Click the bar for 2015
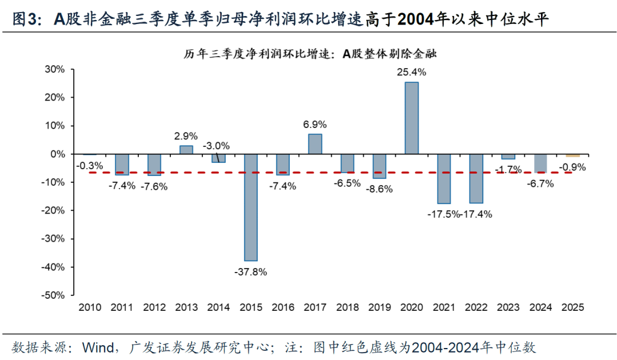pyautogui.click(x=251, y=207)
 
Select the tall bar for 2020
pyautogui.click(x=411, y=118)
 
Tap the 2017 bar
pyautogui.click(x=315, y=144)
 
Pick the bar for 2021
pyautogui.click(x=443, y=178)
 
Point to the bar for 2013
pyautogui.click(x=186, y=150)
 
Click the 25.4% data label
pyautogui.click(x=411, y=73)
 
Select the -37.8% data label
pyautogui.click(x=250, y=271)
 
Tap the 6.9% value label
pyautogui.click(x=315, y=123)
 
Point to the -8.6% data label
pyautogui.click(x=379, y=189)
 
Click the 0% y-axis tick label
pyautogui.click(x=58, y=154)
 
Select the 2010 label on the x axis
pyautogui.click(x=90, y=307)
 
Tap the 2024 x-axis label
pyautogui.click(x=540, y=307)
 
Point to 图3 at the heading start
pyautogui.click(x=25, y=21)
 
